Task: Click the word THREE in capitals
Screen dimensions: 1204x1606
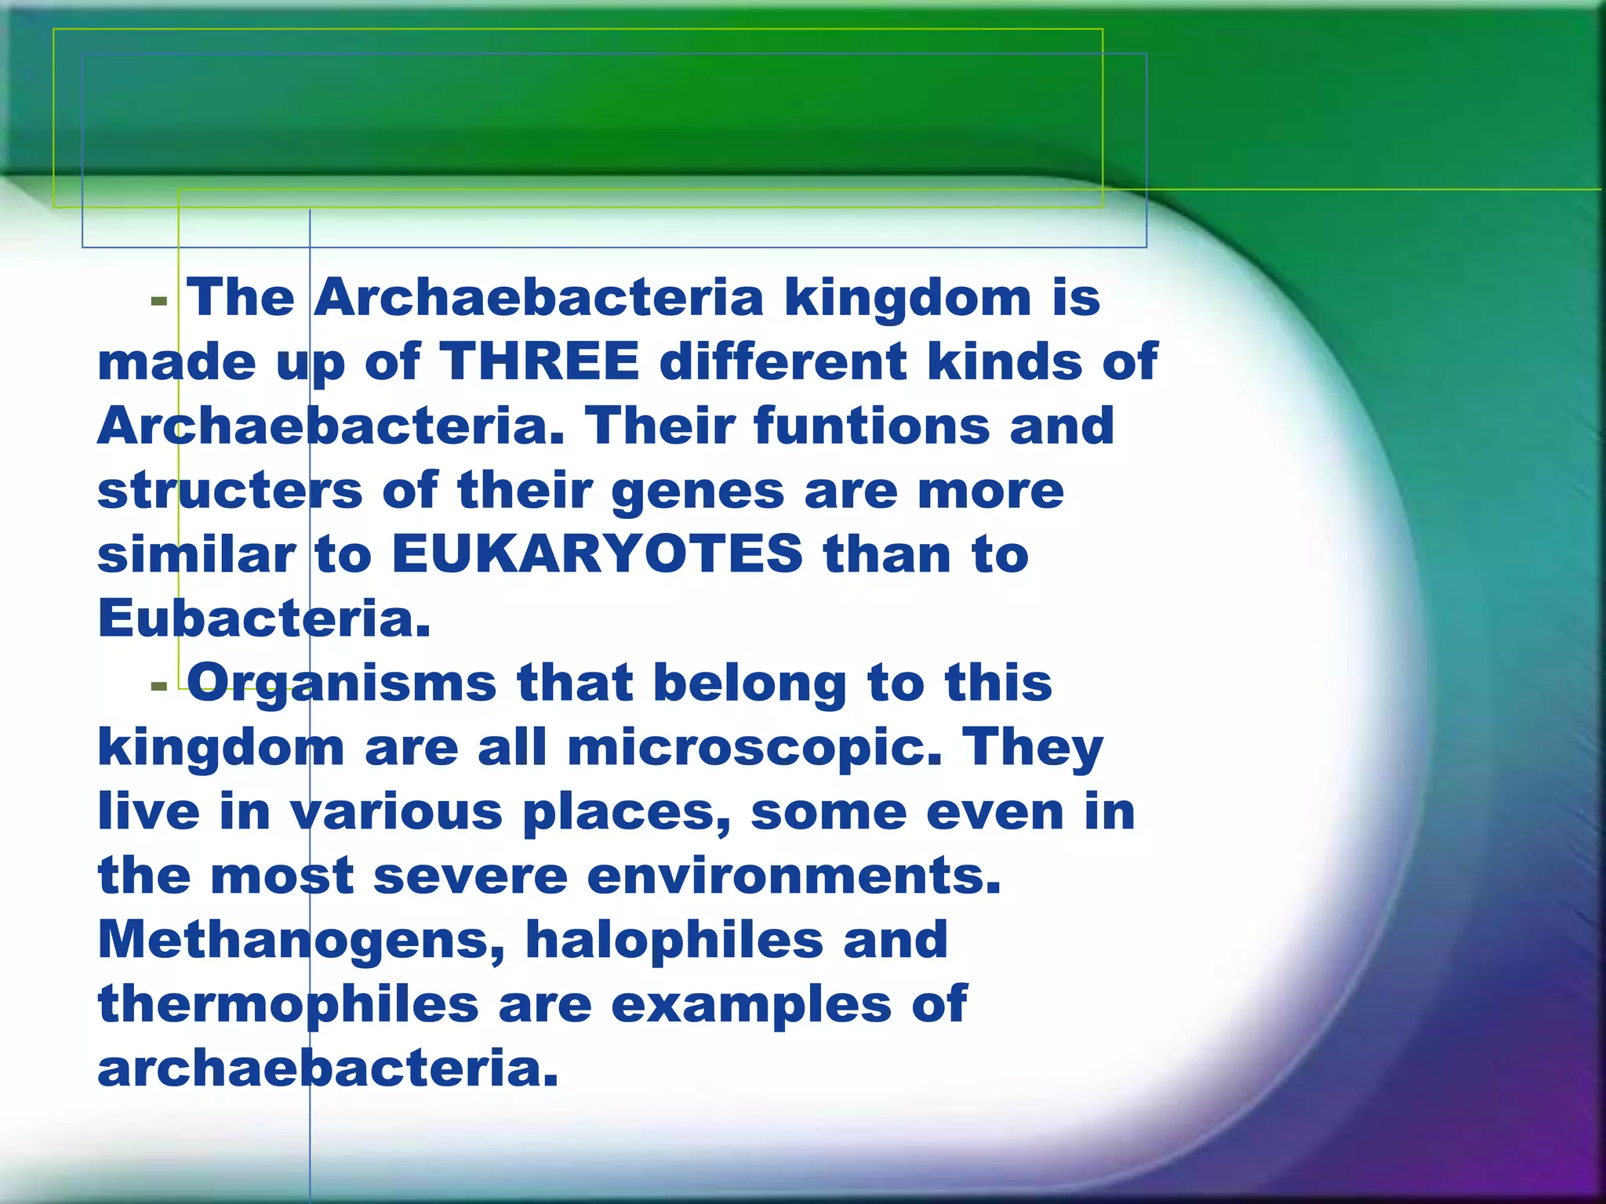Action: (x=540, y=362)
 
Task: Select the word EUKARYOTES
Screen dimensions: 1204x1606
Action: (x=597, y=555)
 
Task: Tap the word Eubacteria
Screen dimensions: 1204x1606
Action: (x=264, y=619)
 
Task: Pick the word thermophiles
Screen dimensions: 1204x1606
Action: (x=288, y=1005)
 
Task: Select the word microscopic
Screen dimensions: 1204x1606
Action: (x=755, y=748)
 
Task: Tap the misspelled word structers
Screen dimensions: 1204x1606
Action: (x=230, y=491)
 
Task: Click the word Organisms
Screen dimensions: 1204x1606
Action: (x=342, y=684)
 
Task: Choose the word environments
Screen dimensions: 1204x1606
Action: (x=794, y=876)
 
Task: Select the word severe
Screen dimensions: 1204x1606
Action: (x=471, y=876)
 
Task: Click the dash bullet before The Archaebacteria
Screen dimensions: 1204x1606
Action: (x=159, y=301)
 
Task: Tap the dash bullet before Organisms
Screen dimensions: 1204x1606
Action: (x=159, y=687)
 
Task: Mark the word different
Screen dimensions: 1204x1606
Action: (x=783, y=362)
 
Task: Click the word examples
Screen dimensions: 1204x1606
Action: (x=751, y=1005)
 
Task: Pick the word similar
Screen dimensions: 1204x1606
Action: (x=196, y=555)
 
